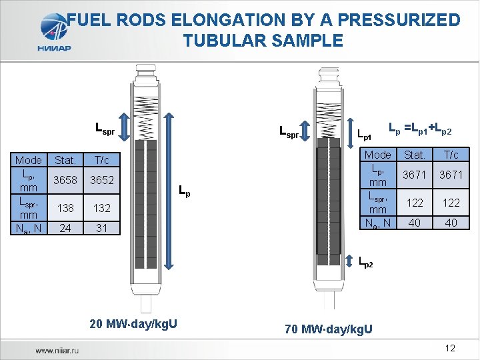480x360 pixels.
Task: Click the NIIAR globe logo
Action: [x=54, y=27]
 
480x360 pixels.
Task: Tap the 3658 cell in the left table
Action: [x=65, y=180]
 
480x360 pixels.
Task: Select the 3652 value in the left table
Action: [x=101, y=180]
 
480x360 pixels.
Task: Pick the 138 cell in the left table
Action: [x=65, y=208]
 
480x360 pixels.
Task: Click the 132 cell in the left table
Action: [x=101, y=208]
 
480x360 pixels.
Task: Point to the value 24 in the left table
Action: [x=65, y=228]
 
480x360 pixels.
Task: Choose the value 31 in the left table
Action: [x=101, y=228]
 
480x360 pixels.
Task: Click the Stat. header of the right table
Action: [x=415, y=155]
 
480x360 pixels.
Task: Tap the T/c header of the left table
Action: [x=101, y=160]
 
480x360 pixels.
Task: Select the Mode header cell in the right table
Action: [x=378, y=155]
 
